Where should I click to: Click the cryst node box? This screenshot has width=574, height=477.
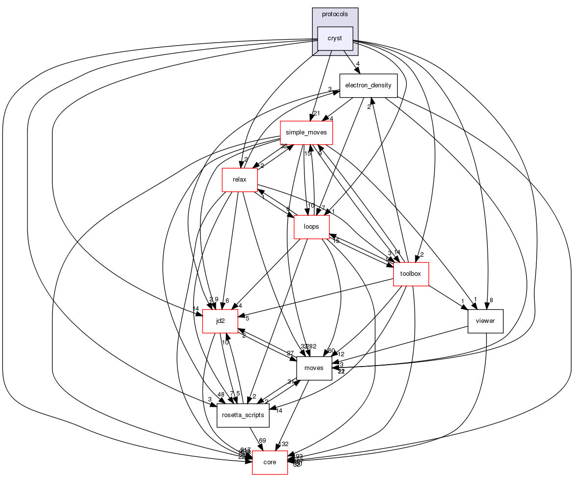pos(335,38)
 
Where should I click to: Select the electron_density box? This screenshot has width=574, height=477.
pos(368,85)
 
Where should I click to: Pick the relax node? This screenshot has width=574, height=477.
pos(240,180)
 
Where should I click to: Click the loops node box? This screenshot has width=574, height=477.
pos(311,227)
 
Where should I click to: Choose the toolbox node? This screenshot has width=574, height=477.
pos(411,274)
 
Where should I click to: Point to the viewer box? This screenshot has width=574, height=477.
pos(485,321)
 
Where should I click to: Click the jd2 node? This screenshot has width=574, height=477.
pos(220,321)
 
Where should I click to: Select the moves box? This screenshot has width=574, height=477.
pos(314,368)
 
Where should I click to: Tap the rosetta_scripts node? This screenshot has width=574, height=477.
pos(243,415)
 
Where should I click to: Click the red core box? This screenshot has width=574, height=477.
pos(270,462)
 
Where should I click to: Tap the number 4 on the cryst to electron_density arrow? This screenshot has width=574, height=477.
pos(358,64)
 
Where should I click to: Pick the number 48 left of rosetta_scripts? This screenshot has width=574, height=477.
pos(221,394)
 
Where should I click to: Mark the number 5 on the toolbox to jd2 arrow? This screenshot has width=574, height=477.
pos(248,318)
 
